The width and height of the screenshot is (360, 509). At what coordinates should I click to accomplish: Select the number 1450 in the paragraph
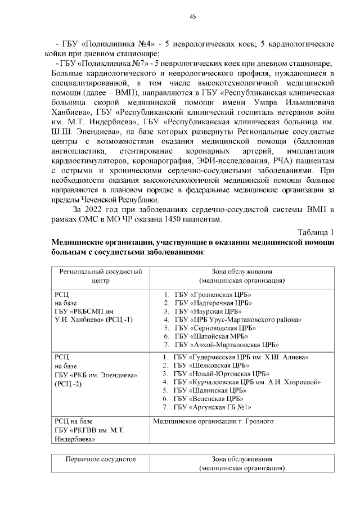(x=182, y=219)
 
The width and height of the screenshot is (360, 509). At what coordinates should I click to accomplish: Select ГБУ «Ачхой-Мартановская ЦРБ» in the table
(x=227, y=345)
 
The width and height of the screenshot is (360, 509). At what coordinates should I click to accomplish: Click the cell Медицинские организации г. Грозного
(x=213, y=421)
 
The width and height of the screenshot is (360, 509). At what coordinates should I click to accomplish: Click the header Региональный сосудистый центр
(x=100, y=276)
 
